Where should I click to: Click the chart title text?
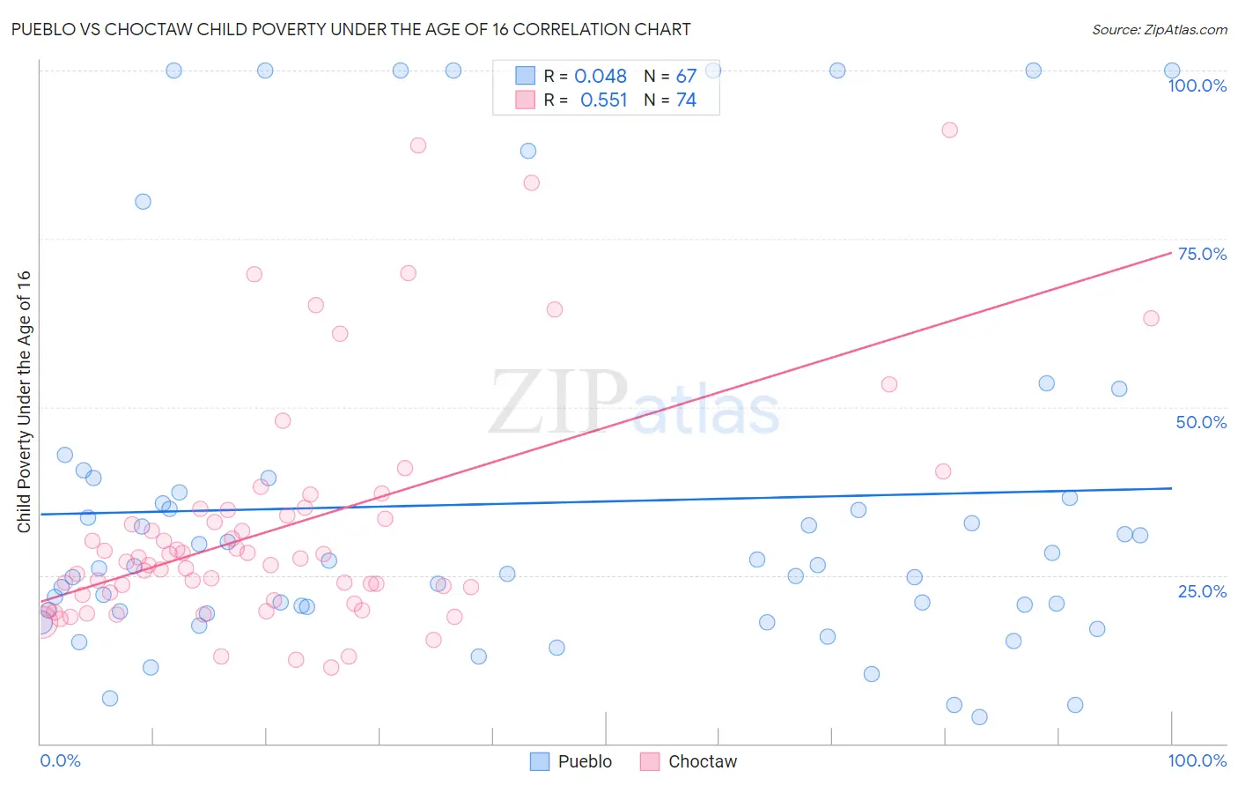350,29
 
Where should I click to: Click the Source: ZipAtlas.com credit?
1159,30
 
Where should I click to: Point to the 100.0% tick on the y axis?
1197,85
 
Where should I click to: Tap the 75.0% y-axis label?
1202,254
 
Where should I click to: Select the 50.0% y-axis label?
1201,422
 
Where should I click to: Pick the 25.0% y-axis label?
1202,591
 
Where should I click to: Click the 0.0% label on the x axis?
60,760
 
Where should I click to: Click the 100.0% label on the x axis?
1197,760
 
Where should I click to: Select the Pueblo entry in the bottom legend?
585,761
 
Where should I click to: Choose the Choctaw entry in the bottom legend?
702,761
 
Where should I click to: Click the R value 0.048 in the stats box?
601,77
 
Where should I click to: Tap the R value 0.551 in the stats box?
603,100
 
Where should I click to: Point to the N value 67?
686,77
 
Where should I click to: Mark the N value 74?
686,100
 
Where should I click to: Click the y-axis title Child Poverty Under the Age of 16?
25,401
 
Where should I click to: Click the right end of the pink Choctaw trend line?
1171,253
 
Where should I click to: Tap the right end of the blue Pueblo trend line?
1171,487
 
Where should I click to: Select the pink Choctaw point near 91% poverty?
949,130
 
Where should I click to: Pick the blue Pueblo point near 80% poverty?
143,201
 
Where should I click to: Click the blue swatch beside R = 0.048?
526,76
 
